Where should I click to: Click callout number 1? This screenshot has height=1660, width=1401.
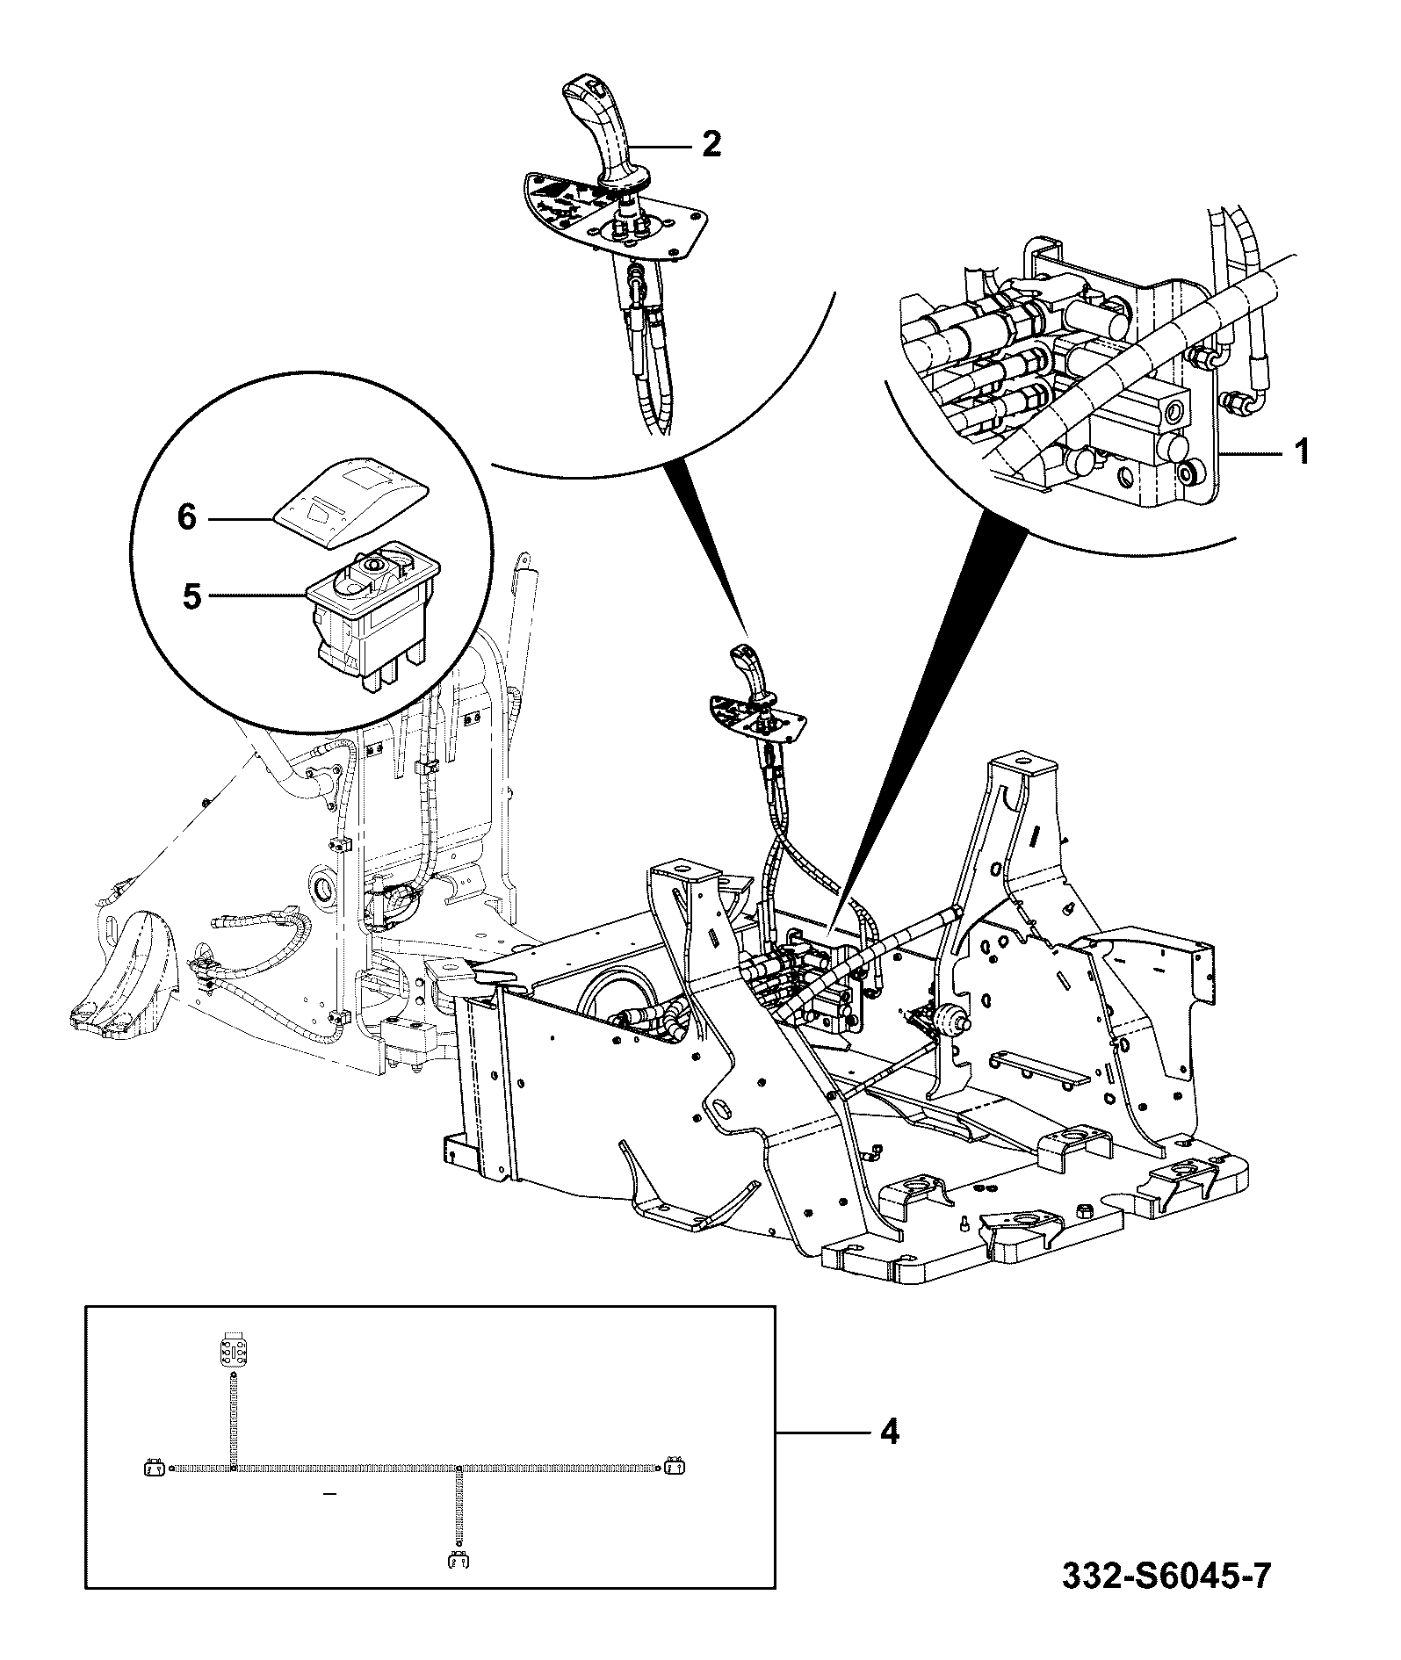(1302, 453)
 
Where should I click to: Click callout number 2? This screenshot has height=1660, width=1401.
(711, 143)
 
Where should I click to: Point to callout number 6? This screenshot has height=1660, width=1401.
(187, 518)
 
